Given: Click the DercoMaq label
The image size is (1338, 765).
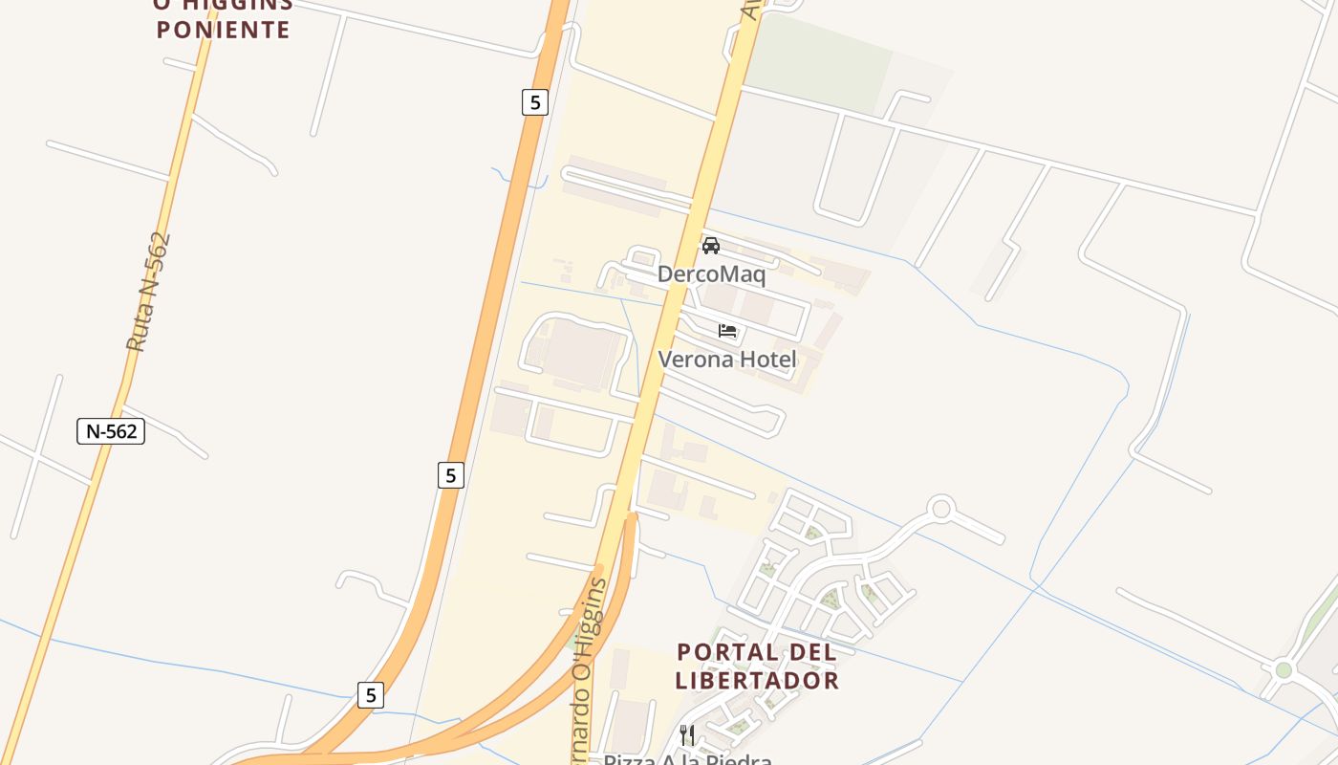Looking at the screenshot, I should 711,274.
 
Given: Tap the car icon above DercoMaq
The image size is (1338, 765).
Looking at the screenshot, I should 711,246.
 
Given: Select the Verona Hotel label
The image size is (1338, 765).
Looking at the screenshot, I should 727,360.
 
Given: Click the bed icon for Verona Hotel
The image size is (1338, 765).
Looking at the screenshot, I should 727,331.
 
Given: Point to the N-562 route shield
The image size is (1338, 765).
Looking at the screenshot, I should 111,431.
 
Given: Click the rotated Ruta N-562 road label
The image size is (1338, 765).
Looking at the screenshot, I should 149,292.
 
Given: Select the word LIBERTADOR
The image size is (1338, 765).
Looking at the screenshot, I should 757,681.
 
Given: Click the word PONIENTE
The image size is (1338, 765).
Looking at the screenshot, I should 223,30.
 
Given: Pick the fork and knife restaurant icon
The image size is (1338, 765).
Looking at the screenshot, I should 687,734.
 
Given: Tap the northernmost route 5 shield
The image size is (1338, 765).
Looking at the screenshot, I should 535,101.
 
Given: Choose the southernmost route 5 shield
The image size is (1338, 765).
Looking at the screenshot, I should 371,694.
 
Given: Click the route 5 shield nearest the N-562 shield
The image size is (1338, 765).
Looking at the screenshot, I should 451,474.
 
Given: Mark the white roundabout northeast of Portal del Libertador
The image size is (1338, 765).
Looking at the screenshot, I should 942,509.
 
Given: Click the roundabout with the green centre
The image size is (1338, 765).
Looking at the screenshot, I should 1283,669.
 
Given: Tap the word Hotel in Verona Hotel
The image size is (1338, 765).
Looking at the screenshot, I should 765,360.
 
